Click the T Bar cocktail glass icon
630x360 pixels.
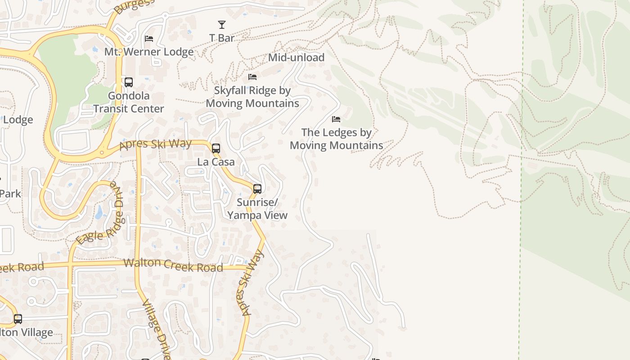222,25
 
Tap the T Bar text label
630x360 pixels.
222,38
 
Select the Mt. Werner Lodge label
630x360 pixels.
149,52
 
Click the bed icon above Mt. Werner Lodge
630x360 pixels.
149,39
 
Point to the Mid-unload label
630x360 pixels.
296,58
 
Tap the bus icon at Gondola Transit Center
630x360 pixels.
129,82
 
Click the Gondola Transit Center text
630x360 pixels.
129,102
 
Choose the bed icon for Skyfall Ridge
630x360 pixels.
252,77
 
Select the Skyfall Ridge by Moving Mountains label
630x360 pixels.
252,97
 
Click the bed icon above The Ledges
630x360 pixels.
336,119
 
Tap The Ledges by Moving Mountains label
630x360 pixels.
336,139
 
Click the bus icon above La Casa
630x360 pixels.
216,148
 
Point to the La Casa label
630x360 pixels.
216,162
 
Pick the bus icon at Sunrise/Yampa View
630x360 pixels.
257,189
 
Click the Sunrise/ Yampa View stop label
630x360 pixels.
257,209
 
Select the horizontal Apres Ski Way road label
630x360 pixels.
156,144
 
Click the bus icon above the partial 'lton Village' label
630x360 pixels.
18,319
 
